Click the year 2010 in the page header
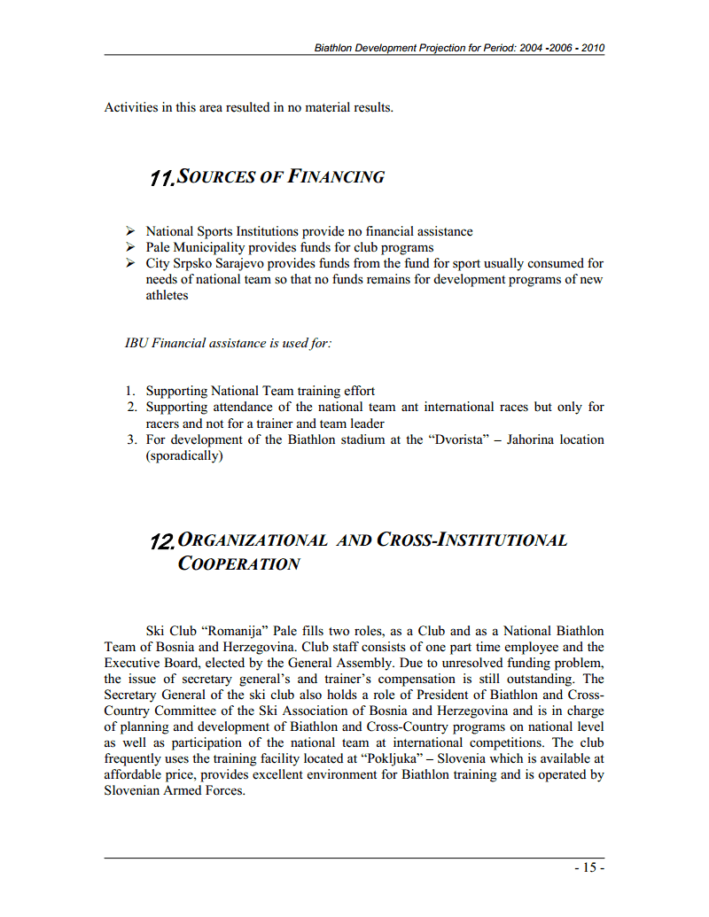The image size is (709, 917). (x=593, y=48)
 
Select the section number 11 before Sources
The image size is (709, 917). (x=162, y=178)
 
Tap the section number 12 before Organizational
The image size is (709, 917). (x=163, y=540)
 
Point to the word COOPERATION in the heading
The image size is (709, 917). (x=238, y=564)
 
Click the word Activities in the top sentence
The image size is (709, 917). (x=131, y=108)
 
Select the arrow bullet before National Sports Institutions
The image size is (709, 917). (x=130, y=231)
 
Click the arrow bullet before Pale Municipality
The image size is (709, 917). (x=130, y=247)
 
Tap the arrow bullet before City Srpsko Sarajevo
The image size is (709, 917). (x=130, y=263)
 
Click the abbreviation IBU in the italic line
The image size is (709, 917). (x=136, y=343)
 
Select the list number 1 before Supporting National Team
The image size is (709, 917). (x=129, y=391)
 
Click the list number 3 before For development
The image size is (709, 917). (x=129, y=439)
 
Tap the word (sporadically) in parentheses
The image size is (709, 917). (x=184, y=456)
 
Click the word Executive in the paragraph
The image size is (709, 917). (x=131, y=663)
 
